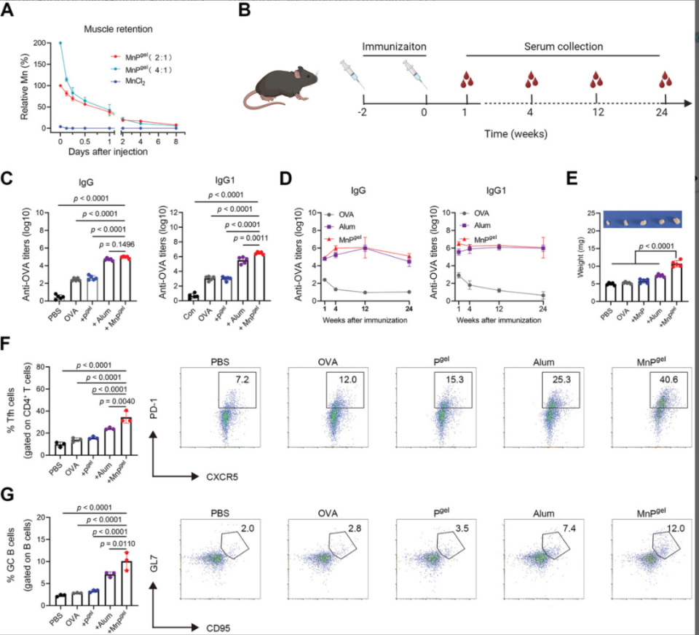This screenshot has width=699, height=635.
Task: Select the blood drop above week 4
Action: [x=533, y=79]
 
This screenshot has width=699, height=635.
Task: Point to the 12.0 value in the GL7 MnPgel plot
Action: [x=668, y=526]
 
